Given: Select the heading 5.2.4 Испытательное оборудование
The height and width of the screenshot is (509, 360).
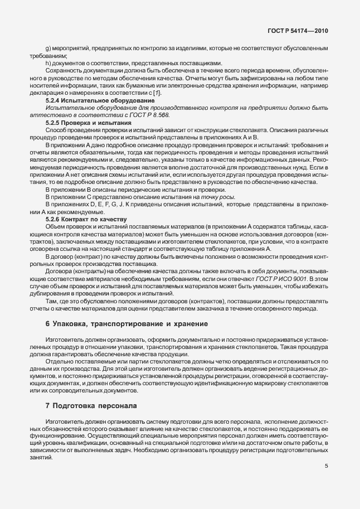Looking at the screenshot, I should (92, 100).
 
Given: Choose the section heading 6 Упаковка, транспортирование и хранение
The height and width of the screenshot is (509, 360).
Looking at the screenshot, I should (118, 324).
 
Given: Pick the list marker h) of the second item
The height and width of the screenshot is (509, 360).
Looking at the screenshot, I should (48, 63).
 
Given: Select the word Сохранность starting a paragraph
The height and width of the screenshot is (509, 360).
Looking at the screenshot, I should (64, 70).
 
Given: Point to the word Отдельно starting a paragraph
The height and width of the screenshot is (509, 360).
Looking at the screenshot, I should (59, 361).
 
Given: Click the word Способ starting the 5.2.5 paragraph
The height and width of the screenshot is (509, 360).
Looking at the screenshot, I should (56, 129).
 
